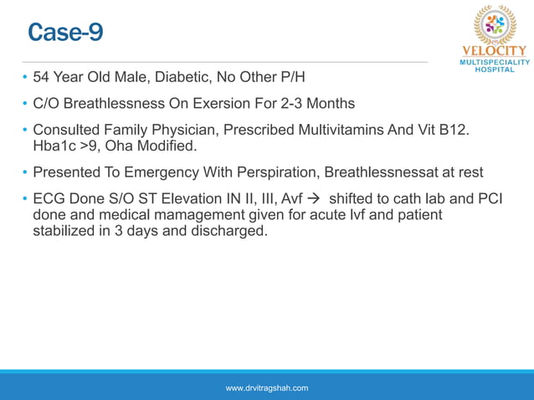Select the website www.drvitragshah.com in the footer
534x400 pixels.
tap(267, 387)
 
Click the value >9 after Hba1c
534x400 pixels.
tap(91, 146)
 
